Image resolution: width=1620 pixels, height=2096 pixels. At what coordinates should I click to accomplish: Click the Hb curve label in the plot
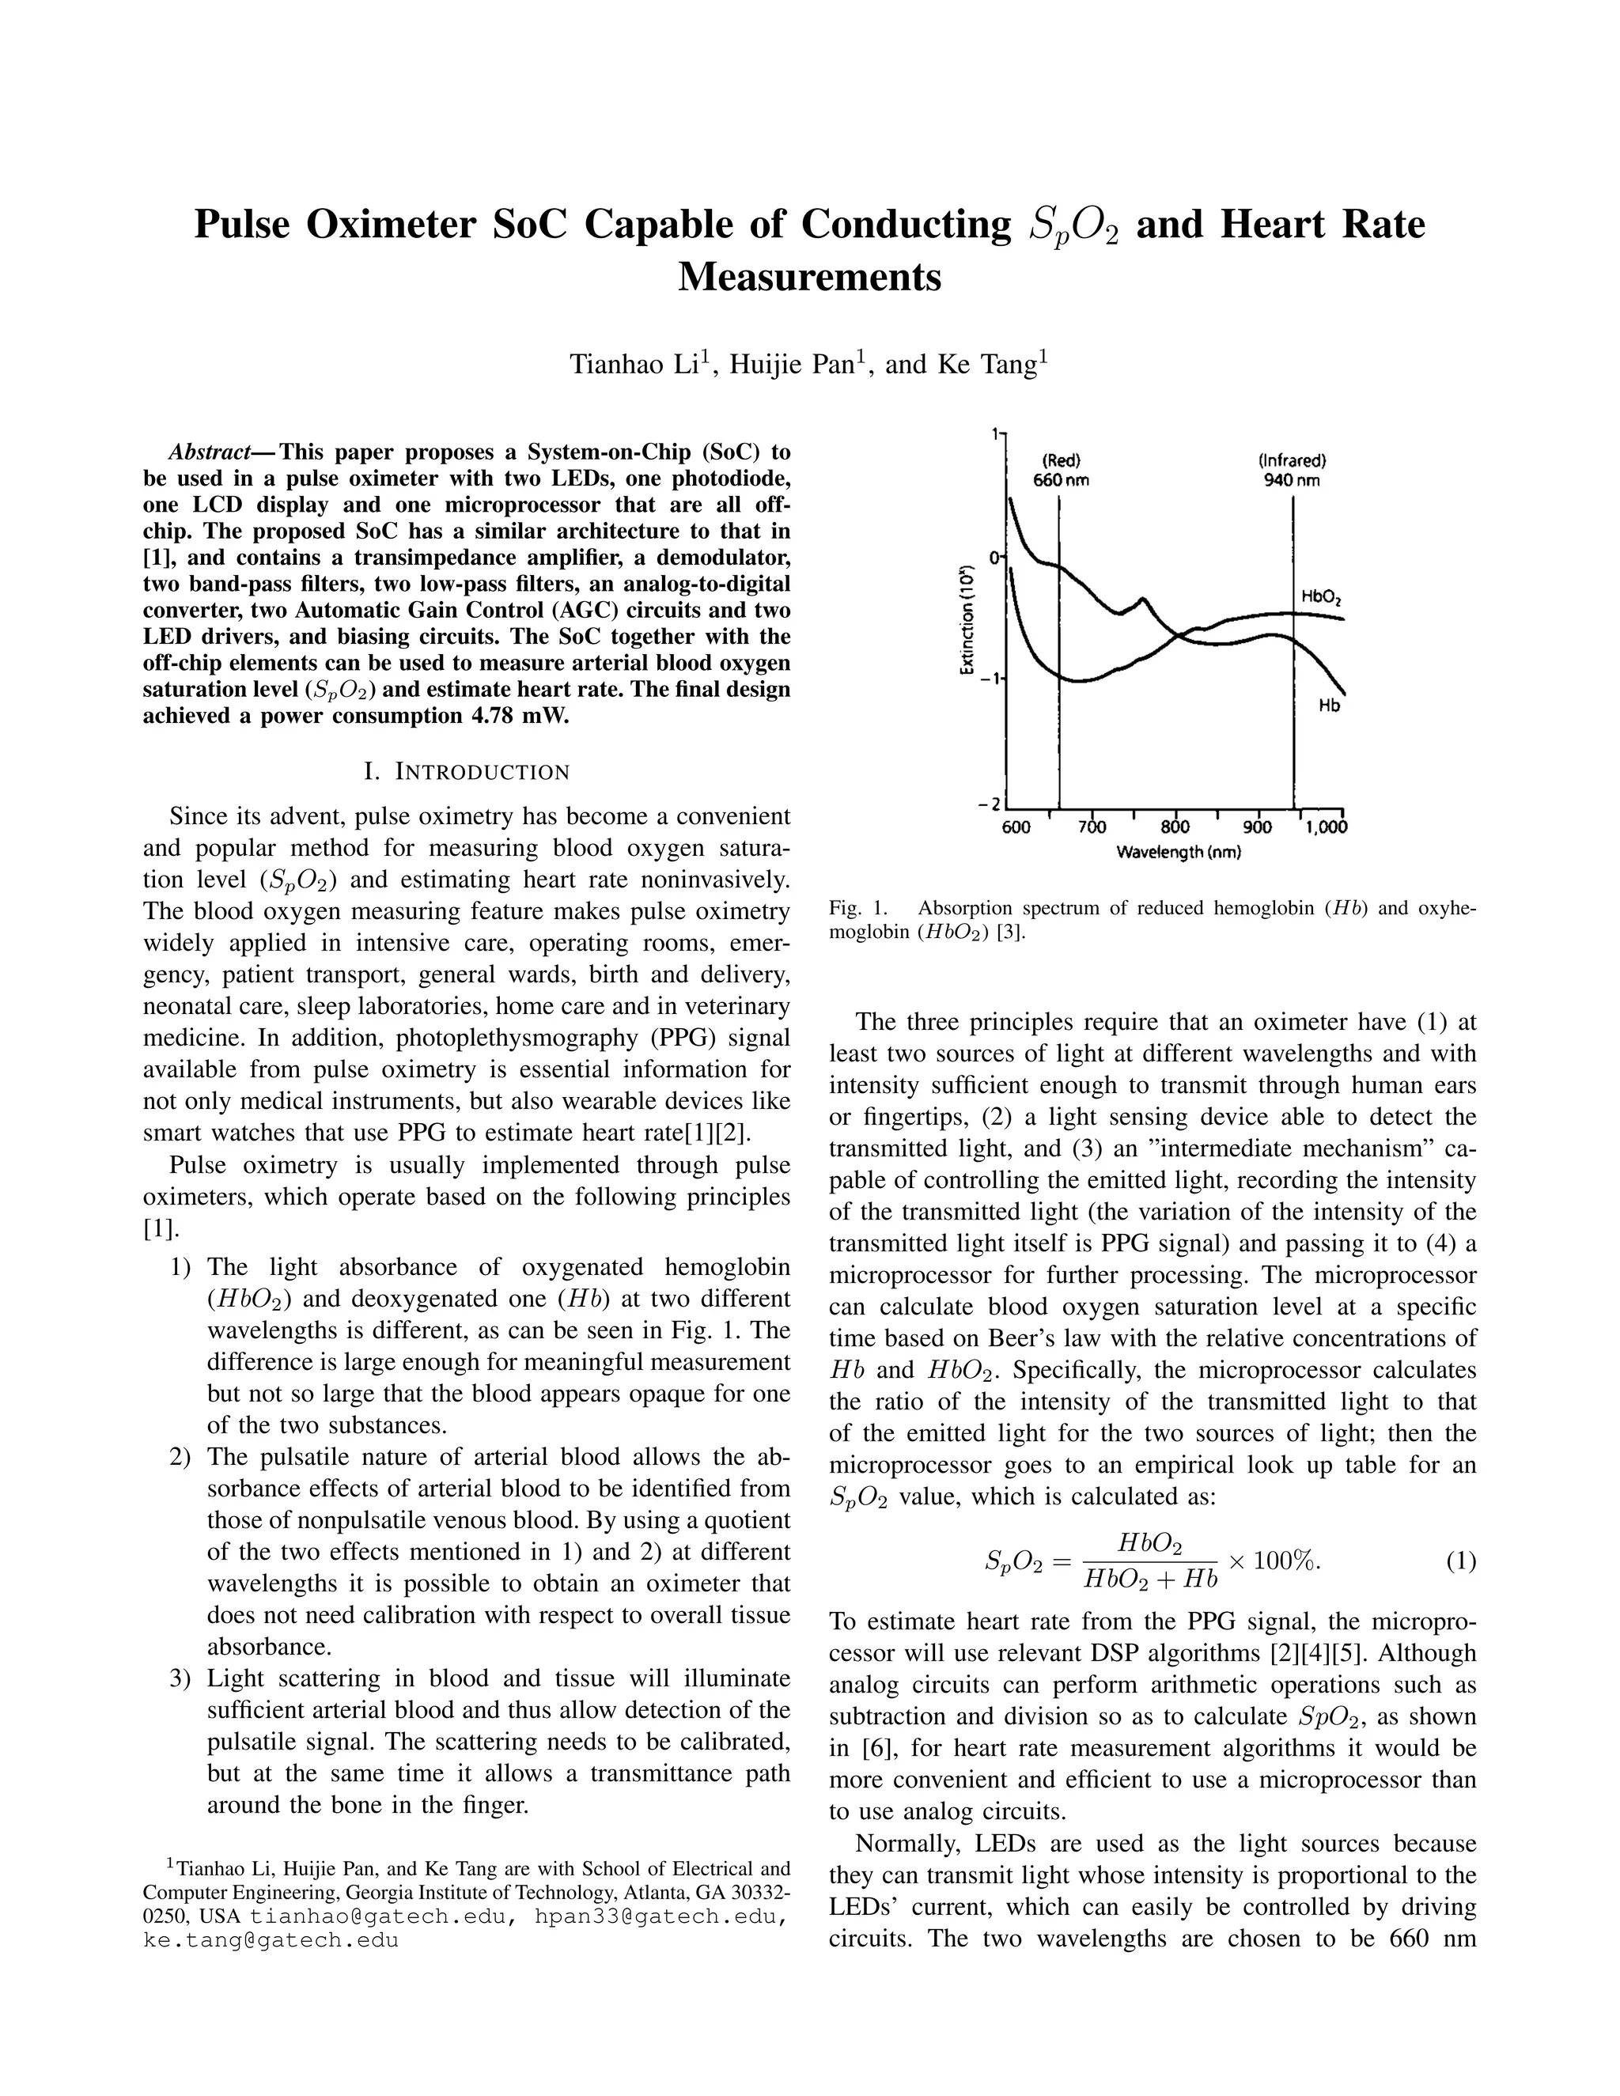[x=1328, y=706]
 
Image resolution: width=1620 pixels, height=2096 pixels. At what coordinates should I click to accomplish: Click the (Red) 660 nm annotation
[x=1061, y=471]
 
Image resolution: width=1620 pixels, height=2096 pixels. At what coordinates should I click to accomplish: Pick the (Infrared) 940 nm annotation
[x=1292, y=471]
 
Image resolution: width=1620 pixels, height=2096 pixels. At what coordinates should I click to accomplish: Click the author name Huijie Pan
[x=793, y=365]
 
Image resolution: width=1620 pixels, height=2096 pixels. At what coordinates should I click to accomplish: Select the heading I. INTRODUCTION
[x=467, y=772]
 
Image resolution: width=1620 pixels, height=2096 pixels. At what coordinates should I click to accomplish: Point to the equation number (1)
[x=1459, y=1561]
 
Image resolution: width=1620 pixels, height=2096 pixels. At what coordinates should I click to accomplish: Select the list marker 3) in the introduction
[x=183, y=1678]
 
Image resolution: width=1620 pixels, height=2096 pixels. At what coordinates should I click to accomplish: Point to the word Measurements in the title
[x=809, y=278]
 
